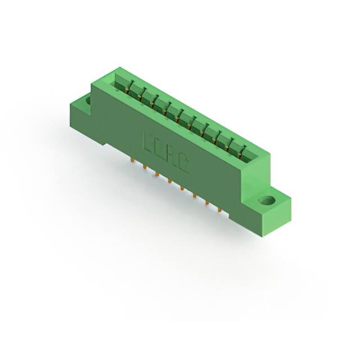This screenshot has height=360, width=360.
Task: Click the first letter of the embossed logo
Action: click(x=148, y=144)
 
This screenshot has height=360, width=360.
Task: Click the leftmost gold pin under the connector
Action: click(x=132, y=161)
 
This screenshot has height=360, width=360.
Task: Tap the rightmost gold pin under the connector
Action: click(x=219, y=210)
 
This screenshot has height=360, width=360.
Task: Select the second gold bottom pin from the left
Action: click(x=144, y=168)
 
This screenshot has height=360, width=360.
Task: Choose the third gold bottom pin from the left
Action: click(x=156, y=175)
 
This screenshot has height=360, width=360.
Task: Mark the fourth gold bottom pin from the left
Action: click(x=169, y=182)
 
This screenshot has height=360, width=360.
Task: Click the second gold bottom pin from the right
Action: click(x=206, y=203)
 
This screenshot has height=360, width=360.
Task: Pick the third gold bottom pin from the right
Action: click(x=194, y=196)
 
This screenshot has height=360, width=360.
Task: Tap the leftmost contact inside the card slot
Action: click(x=128, y=87)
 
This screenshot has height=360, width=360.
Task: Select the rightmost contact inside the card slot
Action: click(x=243, y=151)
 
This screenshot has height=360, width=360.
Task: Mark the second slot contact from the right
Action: click(x=231, y=144)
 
